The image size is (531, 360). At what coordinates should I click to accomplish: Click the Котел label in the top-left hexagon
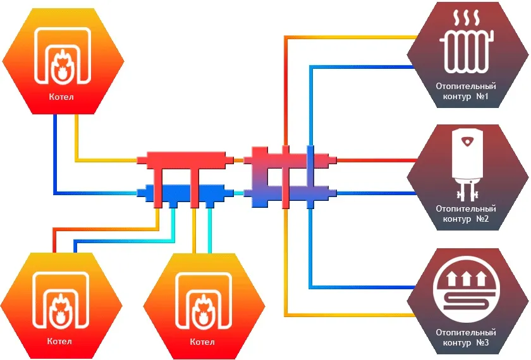coord(61,97)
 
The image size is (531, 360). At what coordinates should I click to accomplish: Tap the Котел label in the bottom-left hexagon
coord(59,342)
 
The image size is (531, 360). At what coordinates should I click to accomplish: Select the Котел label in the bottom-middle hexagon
coord(202,342)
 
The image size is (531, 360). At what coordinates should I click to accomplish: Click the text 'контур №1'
coord(465,97)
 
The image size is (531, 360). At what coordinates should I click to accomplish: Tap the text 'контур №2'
coord(465,219)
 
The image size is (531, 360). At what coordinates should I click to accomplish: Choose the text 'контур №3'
coord(465,343)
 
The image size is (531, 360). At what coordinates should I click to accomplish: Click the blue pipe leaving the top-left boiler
coord(54,158)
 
